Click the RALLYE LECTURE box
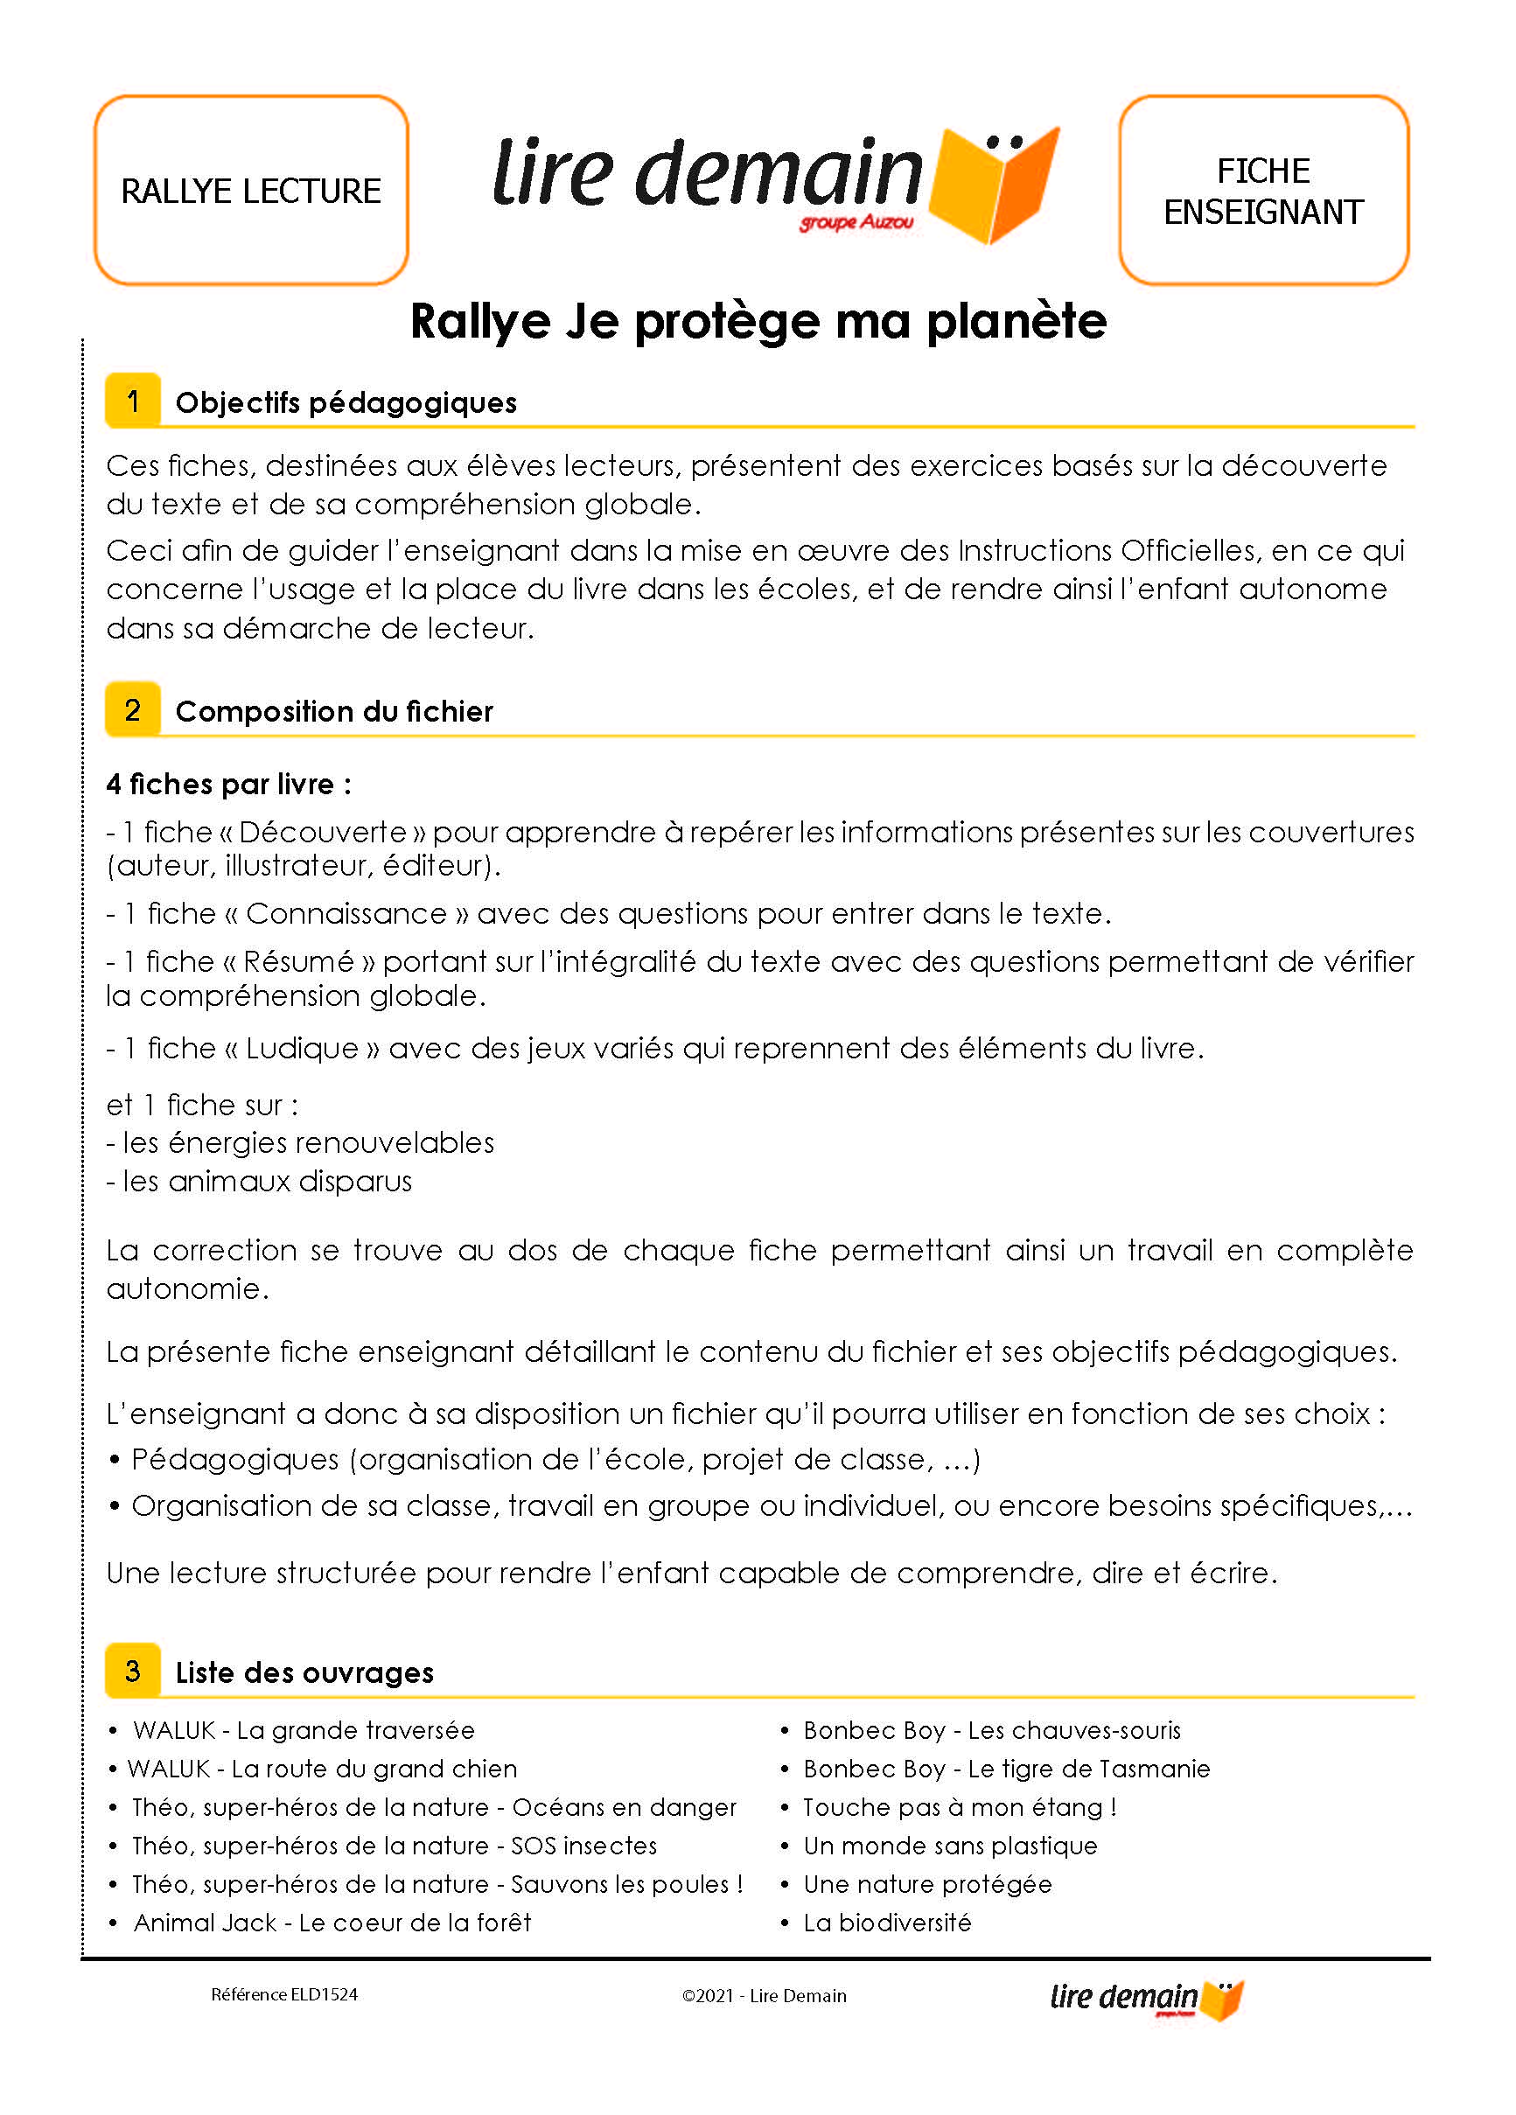click(x=251, y=190)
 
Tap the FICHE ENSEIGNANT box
click(x=1262, y=190)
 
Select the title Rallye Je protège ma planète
click(x=758, y=321)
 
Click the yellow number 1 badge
click(x=132, y=401)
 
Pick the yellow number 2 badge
click(x=132, y=709)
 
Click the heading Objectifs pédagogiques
click(x=346, y=402)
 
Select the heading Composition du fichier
click(x=333, y=710)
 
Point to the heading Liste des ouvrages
click(x=304, y=1672)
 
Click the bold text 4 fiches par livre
click(x=228, y=784)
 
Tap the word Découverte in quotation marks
click(x=323, y=831)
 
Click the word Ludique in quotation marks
click(x=303, y=1047)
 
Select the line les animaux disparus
click(x=259, y=1181)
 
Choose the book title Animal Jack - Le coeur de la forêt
click(x=332, y=1922)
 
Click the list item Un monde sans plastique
click(x=950, y=1846)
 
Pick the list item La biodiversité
click(x=886, y=1922)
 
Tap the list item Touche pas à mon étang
click(x=959, y=1807)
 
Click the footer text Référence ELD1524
click(x=284, y=1993)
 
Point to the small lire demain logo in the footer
click(x=1147, y=1999)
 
